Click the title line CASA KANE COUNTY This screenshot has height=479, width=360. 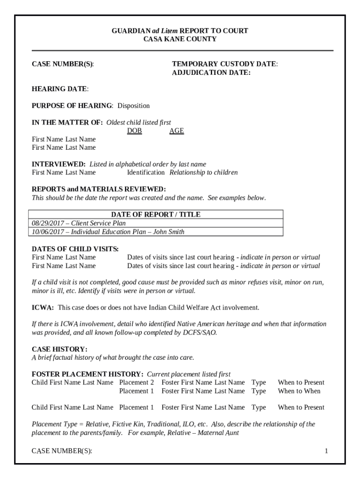[x=180, y=39]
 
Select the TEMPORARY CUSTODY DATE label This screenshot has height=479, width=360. [x=224, y=64]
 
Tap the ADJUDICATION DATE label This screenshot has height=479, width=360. [x=211, y=73]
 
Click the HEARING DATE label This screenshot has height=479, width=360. [x=59, y=89]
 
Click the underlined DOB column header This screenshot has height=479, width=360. [x=135, y=131]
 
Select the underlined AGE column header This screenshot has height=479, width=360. [x=176, y=131]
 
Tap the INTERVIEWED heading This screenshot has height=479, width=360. [x=58, y=164]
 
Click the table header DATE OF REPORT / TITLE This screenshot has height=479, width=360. [x=156, y=214]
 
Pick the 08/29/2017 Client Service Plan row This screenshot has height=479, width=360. [x=79, y=223]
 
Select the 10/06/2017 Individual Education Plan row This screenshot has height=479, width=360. [x=108, y=232]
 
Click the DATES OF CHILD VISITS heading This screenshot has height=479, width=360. [x=75, y=249]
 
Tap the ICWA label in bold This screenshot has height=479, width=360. [x=42, y=308]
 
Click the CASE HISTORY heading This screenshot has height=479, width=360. [x=59, y=349]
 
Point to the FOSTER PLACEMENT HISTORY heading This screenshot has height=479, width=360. [x=87, y=374]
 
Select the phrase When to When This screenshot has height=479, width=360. [x=299, y=391]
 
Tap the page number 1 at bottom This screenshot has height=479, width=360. [x=326, y=451]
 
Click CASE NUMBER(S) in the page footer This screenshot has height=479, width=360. [x=62, y=451]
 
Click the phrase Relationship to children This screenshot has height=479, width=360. [x=203, y=173]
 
